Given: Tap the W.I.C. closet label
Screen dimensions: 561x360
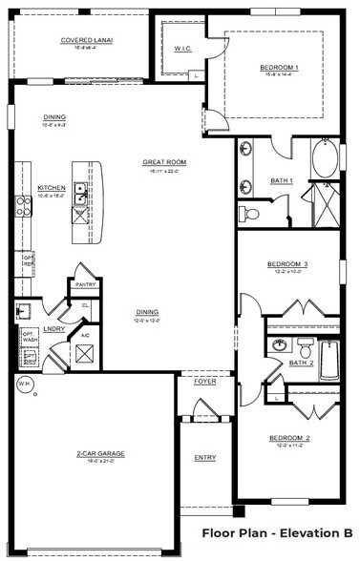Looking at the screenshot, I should (x=183, y=48).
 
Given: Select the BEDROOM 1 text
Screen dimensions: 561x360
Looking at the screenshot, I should (x=280, y=68).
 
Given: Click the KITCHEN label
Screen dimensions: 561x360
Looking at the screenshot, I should (x=51, y=187).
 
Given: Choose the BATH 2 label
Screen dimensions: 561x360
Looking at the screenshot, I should (x=301, y=363).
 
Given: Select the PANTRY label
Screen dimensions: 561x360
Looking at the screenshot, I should (x=84, y=283).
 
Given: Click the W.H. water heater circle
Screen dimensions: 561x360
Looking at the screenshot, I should (x=24, y=384).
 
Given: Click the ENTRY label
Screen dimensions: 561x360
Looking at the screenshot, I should (x=205, y=458).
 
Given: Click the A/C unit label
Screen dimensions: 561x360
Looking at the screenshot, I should (x=84, y=336).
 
